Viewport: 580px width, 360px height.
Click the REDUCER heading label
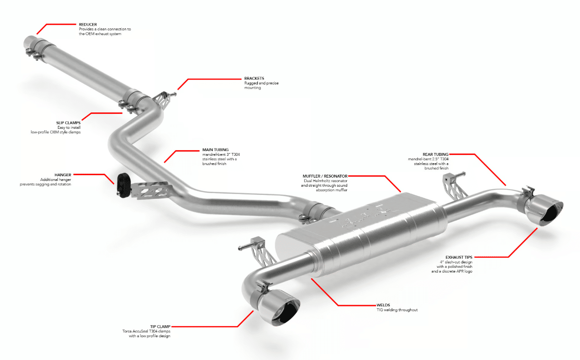(x=88, y=24)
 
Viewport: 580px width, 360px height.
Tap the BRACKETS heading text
(x=254, y=78)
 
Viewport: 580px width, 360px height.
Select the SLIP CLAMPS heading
(x=69, y=123)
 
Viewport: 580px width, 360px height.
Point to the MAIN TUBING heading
(x=215, y=150)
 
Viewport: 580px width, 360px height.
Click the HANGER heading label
(x=63, y=175)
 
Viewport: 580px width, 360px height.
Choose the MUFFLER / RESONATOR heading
(x=325, y=176)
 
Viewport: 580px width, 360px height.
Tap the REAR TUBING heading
(x=435, y=154)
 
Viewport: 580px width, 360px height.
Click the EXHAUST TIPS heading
(x=459, y=257)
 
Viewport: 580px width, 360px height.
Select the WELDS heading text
(x=383, y=305)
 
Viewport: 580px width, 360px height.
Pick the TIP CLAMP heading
(x=160, y=326)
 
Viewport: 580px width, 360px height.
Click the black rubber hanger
(x=123, y=185)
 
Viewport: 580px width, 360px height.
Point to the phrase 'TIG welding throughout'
(x=397, y=310)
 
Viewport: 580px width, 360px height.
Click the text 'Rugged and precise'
(x=261, y=83)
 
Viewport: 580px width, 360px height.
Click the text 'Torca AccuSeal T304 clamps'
(x=146, y=331)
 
